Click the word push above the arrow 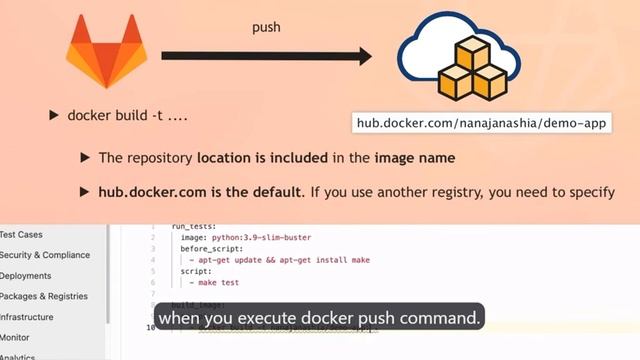265,27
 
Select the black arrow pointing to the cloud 266,57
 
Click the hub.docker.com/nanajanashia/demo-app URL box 483,123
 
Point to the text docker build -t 128,115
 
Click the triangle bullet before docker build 54,115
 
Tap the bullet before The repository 86,158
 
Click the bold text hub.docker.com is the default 200,191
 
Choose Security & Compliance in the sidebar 44,255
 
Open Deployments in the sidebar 26,275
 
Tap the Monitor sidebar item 15,338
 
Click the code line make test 210,282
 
